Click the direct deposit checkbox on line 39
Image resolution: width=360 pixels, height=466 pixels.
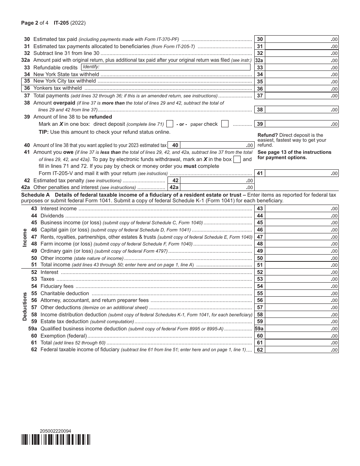tap(170, 124)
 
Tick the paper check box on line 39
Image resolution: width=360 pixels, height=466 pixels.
tap(225, 124)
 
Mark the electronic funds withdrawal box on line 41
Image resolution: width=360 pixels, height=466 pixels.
tap(237, 160)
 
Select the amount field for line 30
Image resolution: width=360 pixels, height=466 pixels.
tap(301, 39)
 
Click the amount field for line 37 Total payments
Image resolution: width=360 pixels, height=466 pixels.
tap(301, 96)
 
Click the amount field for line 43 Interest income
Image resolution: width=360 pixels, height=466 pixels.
tap(301, 209)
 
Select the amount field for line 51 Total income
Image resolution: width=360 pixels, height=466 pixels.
tap(301, 265)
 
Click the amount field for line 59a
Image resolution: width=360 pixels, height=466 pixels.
tap(301, 328)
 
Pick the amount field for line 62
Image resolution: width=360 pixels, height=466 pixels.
tap(301, 350)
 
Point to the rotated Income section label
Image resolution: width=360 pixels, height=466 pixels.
tap(25, 237)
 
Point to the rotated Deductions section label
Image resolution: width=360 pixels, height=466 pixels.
tap(25, 306)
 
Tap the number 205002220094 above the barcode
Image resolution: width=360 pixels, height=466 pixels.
tap(55, 431)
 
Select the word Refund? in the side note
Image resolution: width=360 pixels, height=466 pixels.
tap(268, 135)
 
